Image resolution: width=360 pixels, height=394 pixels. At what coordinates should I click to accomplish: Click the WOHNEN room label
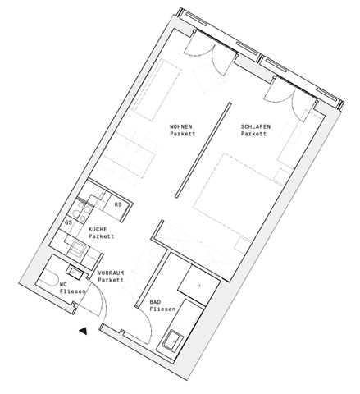[x=180, y=126]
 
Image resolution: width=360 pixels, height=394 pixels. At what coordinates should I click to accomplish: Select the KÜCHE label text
[x=99, y=230]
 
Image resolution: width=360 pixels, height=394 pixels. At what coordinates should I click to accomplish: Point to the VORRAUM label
[x=111, y=273]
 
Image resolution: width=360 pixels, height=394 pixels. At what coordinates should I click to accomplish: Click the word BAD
[x=154, y=302]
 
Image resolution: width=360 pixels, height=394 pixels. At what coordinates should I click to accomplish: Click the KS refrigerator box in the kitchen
[x=119, y=204]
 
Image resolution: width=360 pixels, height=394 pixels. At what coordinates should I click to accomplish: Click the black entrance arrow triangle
[x=82, y=331]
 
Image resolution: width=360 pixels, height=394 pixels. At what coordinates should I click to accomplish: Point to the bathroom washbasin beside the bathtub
[x=175, y=340]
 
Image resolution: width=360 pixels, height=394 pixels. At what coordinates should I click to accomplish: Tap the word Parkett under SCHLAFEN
[x=255, y=133]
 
